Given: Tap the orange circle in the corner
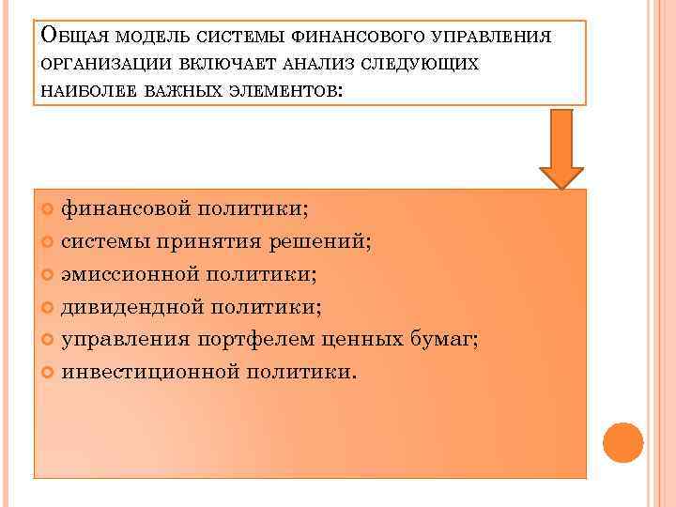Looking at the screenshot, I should click(622, 442).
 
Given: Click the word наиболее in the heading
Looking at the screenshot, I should click(87, 91).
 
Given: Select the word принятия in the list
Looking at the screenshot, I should click(220, 241).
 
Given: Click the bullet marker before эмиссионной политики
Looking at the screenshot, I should click(49, 275).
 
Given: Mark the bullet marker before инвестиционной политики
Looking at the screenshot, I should click(49, 373).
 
